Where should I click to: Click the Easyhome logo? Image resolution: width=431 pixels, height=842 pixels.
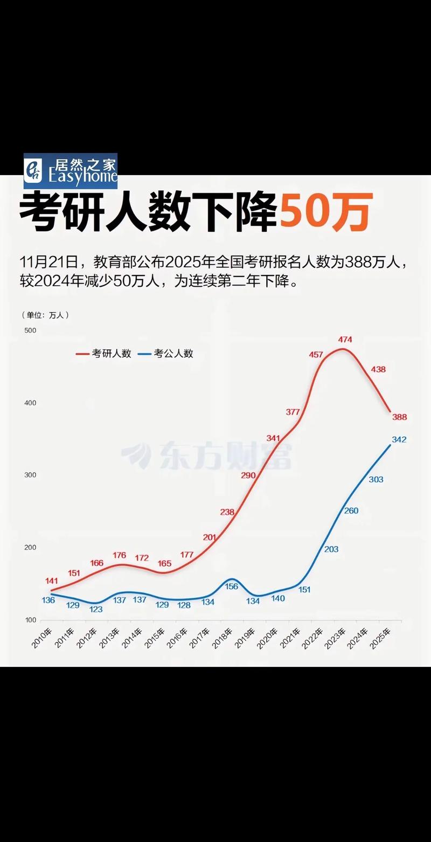click(71, 171)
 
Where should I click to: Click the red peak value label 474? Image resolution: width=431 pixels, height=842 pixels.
click(345, 340)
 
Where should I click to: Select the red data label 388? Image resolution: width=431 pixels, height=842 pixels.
click(400, 417)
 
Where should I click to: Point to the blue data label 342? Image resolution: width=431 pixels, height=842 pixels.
click(399, 440)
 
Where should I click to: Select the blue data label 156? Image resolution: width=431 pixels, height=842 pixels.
click(231, 586)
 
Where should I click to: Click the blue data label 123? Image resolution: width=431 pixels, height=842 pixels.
click(96, 609)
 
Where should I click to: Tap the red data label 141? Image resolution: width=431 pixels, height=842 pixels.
click(52, 581)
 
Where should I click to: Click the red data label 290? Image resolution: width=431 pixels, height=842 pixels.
click(248, 475)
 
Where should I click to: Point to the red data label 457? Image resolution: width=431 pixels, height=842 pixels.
click(316, 354)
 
